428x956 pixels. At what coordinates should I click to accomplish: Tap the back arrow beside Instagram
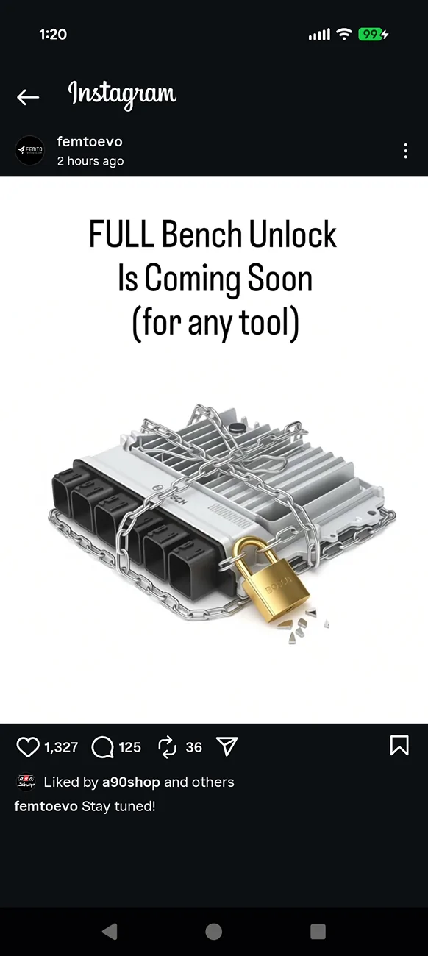(28, 97)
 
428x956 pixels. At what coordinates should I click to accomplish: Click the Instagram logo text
(122, 95)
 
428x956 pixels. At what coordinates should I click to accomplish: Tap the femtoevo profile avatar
(29, 150)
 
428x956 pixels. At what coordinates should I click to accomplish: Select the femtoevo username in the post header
(90, 141)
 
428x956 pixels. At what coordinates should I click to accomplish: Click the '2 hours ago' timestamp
(90, 161)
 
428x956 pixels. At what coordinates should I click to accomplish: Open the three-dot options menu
(405, 151)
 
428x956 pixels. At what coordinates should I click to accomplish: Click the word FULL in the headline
(121, 234)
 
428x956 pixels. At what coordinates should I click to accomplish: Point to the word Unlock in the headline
(293, 234)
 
